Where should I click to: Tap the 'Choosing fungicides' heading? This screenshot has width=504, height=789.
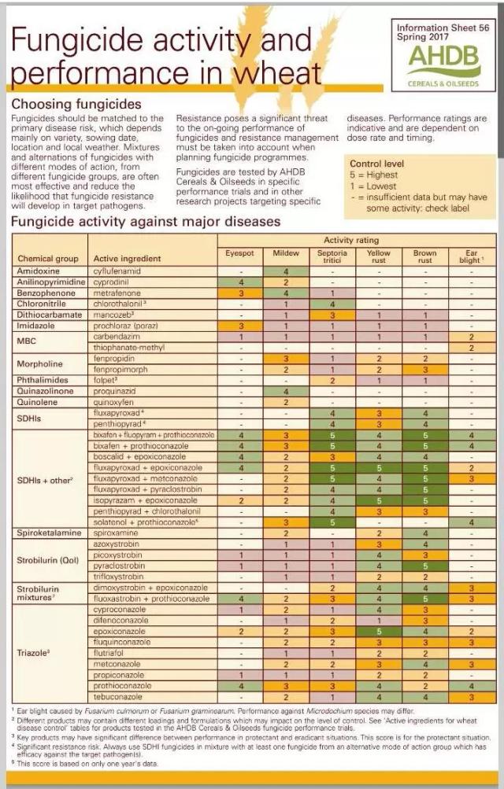pyautogui.click(x=76, y=105)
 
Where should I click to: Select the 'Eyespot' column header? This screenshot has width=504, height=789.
pyautogui.click(x=239, y=253)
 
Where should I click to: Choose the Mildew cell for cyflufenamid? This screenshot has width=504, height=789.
pyautogui.click(x=286, y=271)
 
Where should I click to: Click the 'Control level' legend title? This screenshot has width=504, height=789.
pyautogui.click(x=381, y=164)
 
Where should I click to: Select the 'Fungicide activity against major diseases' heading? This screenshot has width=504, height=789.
pyautogui.click(x=146, y=222)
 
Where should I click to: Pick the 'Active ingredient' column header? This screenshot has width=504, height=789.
pyautogui.click(x=126, y=258)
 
